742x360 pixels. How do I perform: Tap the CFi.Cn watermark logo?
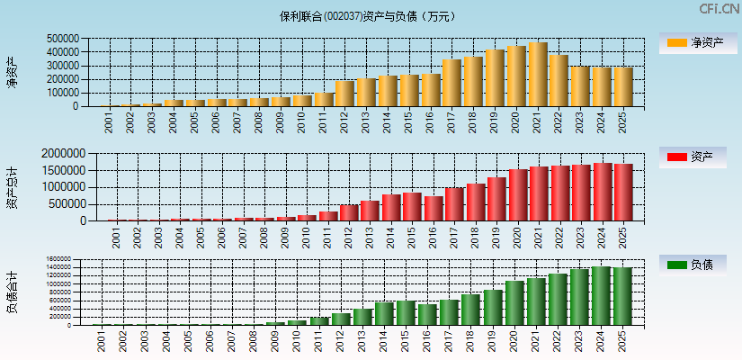pos(720,9)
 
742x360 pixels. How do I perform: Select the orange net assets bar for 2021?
pos(537,74)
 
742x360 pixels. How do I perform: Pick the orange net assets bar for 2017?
pos(451,83)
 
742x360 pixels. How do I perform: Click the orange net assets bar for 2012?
pos(344,94)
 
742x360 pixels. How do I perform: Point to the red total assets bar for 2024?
pos(603,192)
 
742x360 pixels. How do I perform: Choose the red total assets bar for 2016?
pos(433,208)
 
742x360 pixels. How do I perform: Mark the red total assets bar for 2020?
pos(517,194)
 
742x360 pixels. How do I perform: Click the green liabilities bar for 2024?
pos(601,295)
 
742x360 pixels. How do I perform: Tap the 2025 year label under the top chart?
pos(622,122)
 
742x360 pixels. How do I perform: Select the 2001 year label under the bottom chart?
pos(100,340)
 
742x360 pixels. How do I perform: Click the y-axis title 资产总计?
pos(12,188)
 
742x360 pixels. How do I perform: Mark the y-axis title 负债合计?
pos(12,292)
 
